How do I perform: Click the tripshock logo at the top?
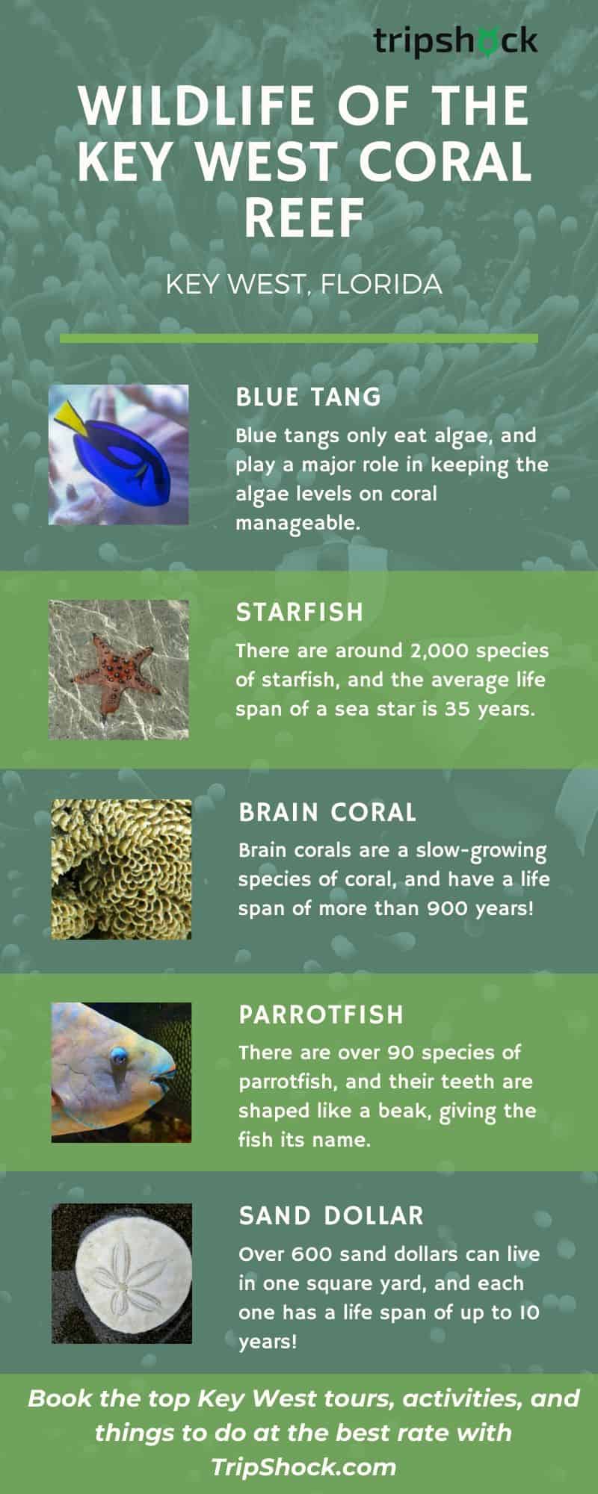coord(455,40)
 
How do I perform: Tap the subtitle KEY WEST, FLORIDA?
coord(303,285)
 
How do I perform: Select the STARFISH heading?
coord(300,612)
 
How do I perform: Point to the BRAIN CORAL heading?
coord(327,813)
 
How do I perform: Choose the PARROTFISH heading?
coord(321,1014)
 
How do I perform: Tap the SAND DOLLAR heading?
coord(331,1215)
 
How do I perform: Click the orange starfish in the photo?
coord(116,664)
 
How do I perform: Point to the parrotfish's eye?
coord(118,1056)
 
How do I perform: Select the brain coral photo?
coord(121,869)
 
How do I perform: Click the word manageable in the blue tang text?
coord(298,524)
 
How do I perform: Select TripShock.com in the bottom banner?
coord(303,1466)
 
